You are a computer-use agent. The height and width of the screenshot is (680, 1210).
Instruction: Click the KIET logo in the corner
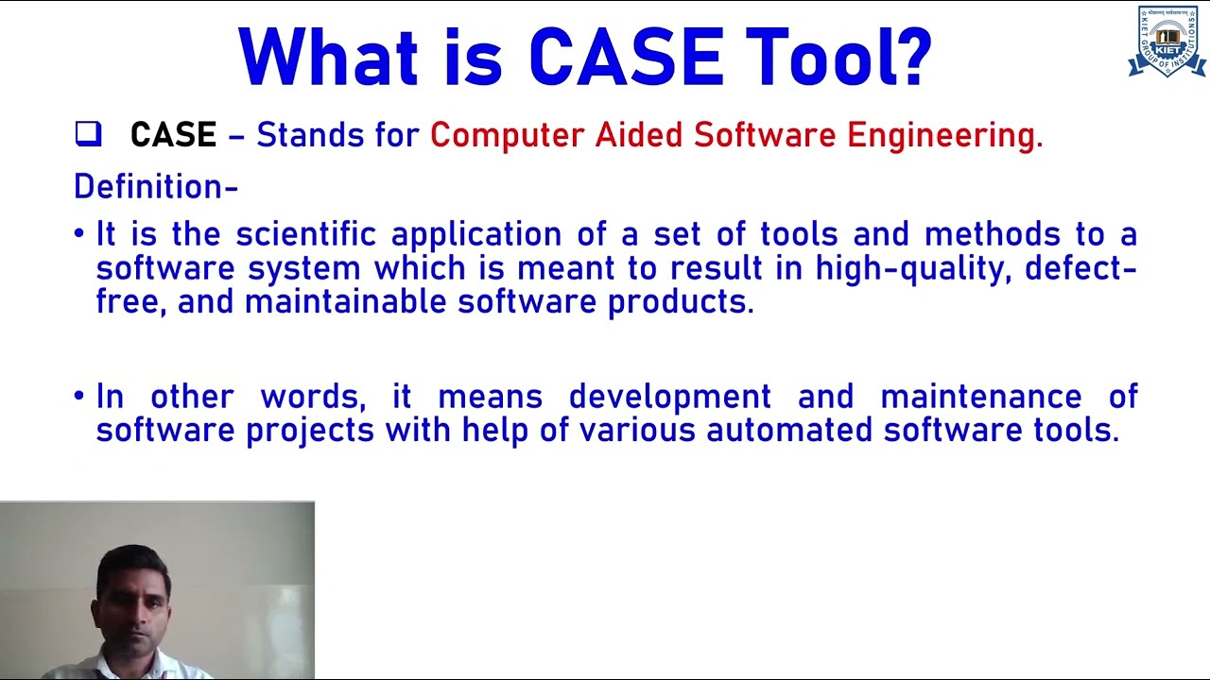[x=1167, y=42]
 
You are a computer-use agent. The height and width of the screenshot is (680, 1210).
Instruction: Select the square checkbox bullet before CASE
[x=88, y=135]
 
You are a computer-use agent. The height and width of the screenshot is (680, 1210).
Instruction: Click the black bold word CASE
[x=173, y=135]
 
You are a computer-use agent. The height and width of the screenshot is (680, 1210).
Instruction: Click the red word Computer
[x=507, y=135]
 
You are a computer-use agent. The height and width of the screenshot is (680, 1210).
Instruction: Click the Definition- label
[x=156, y=187]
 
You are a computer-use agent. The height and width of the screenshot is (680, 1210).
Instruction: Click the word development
[x=669, y=397]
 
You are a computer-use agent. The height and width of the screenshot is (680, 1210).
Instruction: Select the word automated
[x=790, y=431]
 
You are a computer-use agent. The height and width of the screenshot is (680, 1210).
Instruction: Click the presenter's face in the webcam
[x=134, y=595]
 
